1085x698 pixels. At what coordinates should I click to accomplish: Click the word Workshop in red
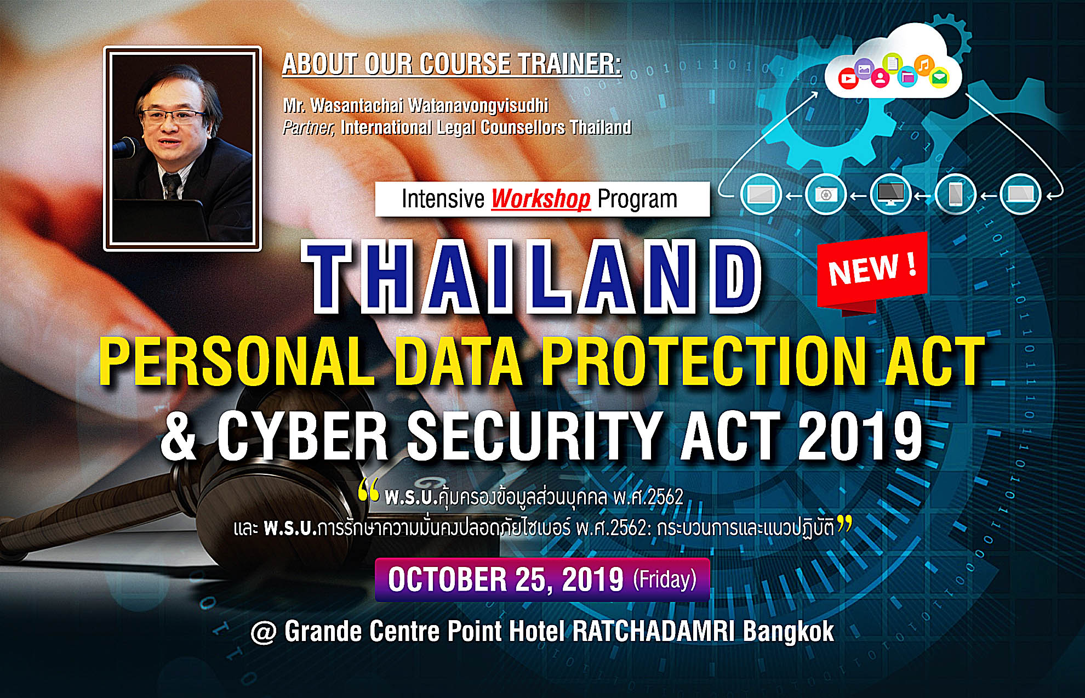point(540,198)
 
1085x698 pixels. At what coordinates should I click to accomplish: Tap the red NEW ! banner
point(872,270)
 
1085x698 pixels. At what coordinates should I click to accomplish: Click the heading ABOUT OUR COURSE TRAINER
point(452,64)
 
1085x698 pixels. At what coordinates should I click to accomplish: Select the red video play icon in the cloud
point(848,79)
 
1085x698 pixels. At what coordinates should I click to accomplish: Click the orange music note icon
point(924,65)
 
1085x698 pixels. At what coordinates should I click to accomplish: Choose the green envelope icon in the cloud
point(939,78)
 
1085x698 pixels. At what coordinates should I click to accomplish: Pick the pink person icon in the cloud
point(880,78)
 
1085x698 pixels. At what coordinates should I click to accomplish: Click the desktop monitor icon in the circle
point(891,194)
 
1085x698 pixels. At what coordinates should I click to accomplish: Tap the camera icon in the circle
point(826,194)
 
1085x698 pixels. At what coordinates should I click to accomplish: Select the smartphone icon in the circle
point(956,194)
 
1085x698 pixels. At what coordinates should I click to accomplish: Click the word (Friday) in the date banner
point(665,580)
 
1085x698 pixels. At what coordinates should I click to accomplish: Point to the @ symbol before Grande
point(264,633)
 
